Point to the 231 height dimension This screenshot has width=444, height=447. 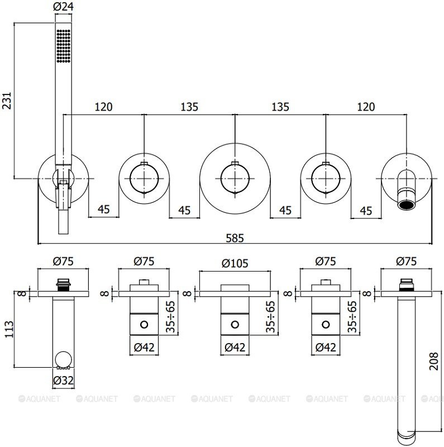(7, 101)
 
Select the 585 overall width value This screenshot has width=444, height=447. (235, 237)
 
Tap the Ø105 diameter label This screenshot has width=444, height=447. (236, 262)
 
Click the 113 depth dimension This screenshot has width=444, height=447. (7, 330)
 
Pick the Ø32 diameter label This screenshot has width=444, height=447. (63, 381)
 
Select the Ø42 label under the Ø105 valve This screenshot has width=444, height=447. (235, 347)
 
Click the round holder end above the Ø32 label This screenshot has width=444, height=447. (64, 358)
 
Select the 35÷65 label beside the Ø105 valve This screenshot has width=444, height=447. (272, 317)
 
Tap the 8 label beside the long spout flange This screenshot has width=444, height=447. (367, 292)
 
